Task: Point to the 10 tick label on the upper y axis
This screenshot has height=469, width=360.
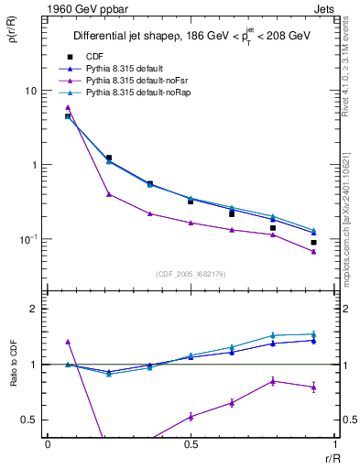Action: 30,92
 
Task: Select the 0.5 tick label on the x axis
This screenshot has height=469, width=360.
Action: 191,443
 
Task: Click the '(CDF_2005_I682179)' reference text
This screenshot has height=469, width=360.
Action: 191,274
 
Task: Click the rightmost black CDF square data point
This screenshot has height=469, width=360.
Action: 313,243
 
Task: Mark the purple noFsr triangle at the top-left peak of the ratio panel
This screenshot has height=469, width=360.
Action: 68,342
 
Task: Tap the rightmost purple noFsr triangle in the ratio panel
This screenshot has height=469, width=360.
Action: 313,387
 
